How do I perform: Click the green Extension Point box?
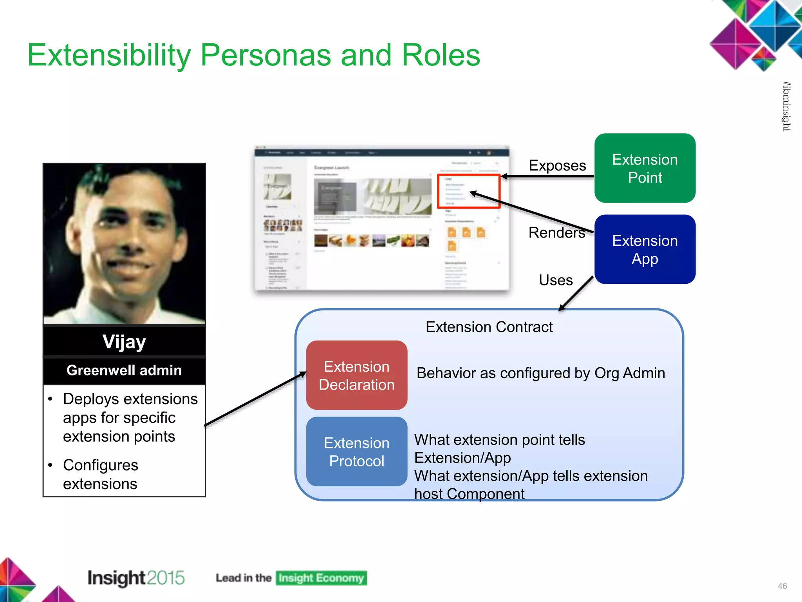pyautogui.click(x=645, y=168)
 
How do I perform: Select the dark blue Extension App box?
pyautogui.click(x=645, y=249)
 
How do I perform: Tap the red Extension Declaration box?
pyautogui.click(x=356, y=375)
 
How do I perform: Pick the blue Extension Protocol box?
pyautogui.click(x=356, y=451)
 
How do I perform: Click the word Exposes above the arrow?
pyautogui.click(x=557, y=165)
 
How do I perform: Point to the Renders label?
pyautogui.click(x=556, y=232)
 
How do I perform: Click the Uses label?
pyautogui.click(x=555, y=280)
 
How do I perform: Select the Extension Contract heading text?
pyautogui.click(x=489, y=327)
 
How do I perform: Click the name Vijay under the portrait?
pyautogui.click(x=124, y=342)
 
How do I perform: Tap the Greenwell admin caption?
pyautogui.click(x=124, y=370)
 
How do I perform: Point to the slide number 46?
pyautogui.click(x=782, y=586)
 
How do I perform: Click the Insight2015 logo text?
pyautogui.click(x=135, y=578)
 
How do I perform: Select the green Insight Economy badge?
pyautogui.click(x=321, y=578)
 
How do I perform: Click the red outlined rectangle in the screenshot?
pyautogui.click(x=468, y=191)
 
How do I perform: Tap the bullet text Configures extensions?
pyautogui.click(x=101, y=474)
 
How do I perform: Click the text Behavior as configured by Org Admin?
pyautogui.click(x=540, y=373)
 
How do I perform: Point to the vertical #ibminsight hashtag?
pyautogui.click(x=786, y=107)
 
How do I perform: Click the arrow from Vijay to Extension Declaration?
pyautogui.click(x=255, y=399)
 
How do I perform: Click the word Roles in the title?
pyautogui.click(x=441, y=55)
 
